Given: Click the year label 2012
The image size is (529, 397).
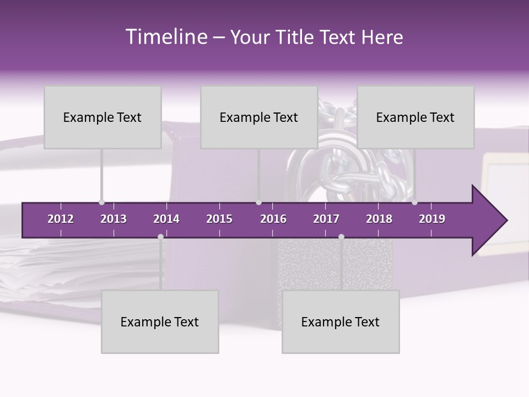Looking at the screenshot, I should click(x=61, y=219).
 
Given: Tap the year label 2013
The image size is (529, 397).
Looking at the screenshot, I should click(x=114, y=219).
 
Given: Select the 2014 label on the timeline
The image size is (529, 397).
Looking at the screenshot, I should click(x=166, y=219).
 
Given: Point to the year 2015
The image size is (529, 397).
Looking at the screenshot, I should click(x=219, y=219).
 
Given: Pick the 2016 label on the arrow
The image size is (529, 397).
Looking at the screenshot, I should click(x=273, y=219).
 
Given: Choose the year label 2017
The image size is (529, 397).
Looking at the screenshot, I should click(x=326, y=219).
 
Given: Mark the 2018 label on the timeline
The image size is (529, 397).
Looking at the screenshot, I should click(x=379, y=219).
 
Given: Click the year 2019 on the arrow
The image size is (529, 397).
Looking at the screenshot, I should click(x=432, y=219).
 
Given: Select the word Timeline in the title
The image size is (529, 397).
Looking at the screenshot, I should click(x=165, y=37).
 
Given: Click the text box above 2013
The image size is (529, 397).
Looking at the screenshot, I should click(x=102, y=117).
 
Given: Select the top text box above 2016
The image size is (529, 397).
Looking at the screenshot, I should click(x=259, y=117).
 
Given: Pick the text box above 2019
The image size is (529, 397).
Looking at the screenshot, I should click(x=415, y=117).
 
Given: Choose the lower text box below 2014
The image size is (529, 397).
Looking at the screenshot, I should click(x=160, y=321).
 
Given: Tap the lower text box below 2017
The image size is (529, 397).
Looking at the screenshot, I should click(x=341, y=321).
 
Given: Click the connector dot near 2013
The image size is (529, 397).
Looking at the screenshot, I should click(x=101, y=202).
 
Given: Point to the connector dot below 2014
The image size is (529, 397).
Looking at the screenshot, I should click(x=160, y=237).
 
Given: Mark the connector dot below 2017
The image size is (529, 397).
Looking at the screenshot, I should click(x=341, y=237).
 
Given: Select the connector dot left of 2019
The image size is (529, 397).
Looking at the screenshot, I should click(x=414, y=202).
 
